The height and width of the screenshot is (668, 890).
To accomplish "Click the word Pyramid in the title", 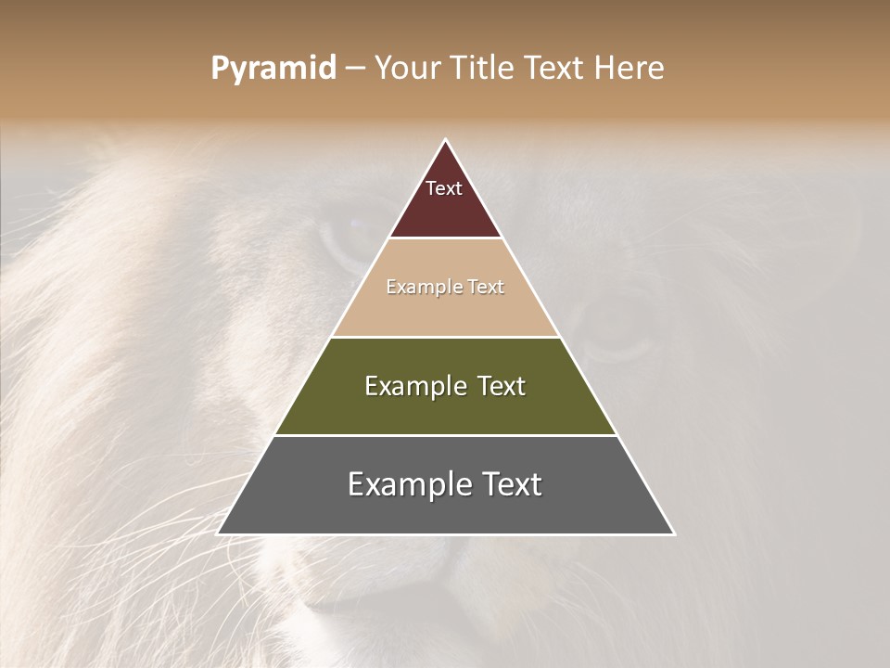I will [x=273, y=69].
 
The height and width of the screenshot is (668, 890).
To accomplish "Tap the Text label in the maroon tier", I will [x=444, y=188].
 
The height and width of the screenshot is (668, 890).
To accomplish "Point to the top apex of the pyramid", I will [x=446, y=141].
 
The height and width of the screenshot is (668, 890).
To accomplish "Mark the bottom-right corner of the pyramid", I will [x=673, y=533].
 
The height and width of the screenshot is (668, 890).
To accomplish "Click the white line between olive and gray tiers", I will [x=446, y=435].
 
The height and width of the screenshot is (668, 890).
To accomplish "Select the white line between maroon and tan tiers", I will [x=446, y=238].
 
